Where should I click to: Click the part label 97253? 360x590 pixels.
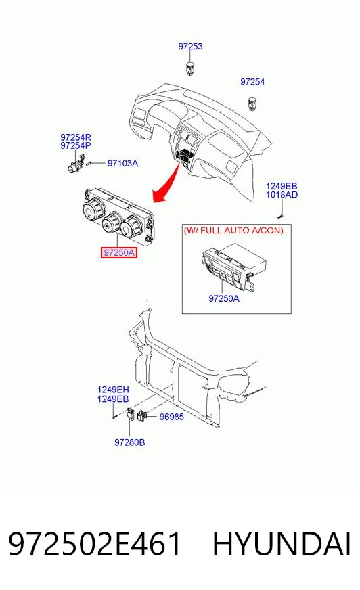pyautogui.click(x=190, y=46)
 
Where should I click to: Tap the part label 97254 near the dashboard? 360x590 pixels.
pyautogui.click(x=252, y=82)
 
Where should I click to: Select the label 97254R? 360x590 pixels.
pyautogui.click(x=76, y=137)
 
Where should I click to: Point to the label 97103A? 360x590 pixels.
pyautogui.click(x=122, y=163)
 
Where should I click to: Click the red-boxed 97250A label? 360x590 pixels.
pyautogui.click(x=119, y=253)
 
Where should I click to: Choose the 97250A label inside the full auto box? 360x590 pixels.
pyautogui.click(x=224, y=298)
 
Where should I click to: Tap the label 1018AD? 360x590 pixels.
pyautogui.click(x=282, y=195)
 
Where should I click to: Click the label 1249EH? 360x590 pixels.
pyautogui.click(x=113, y=390)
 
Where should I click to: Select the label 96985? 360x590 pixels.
pyautogui.click(x=171, y=417)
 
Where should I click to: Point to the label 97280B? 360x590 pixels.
pyautogui.click(x=129, y=442)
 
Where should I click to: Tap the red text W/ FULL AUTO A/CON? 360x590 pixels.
pyautogui.click(x=233, y=230)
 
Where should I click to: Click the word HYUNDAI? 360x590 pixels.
pyautogui.click(x=282, y=544)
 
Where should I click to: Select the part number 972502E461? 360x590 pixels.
pyautogui.click(x=95, y=544)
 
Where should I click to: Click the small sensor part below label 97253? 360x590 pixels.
pyautogui.click(x=190, y=68)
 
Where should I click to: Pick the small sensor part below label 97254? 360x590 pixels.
pyautogui.click(x=252, y=104)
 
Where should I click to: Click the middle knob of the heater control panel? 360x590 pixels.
pyautogui.click(x=111, y=223)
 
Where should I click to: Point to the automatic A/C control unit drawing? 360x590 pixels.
pyautogui.click(x=234, y=265)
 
